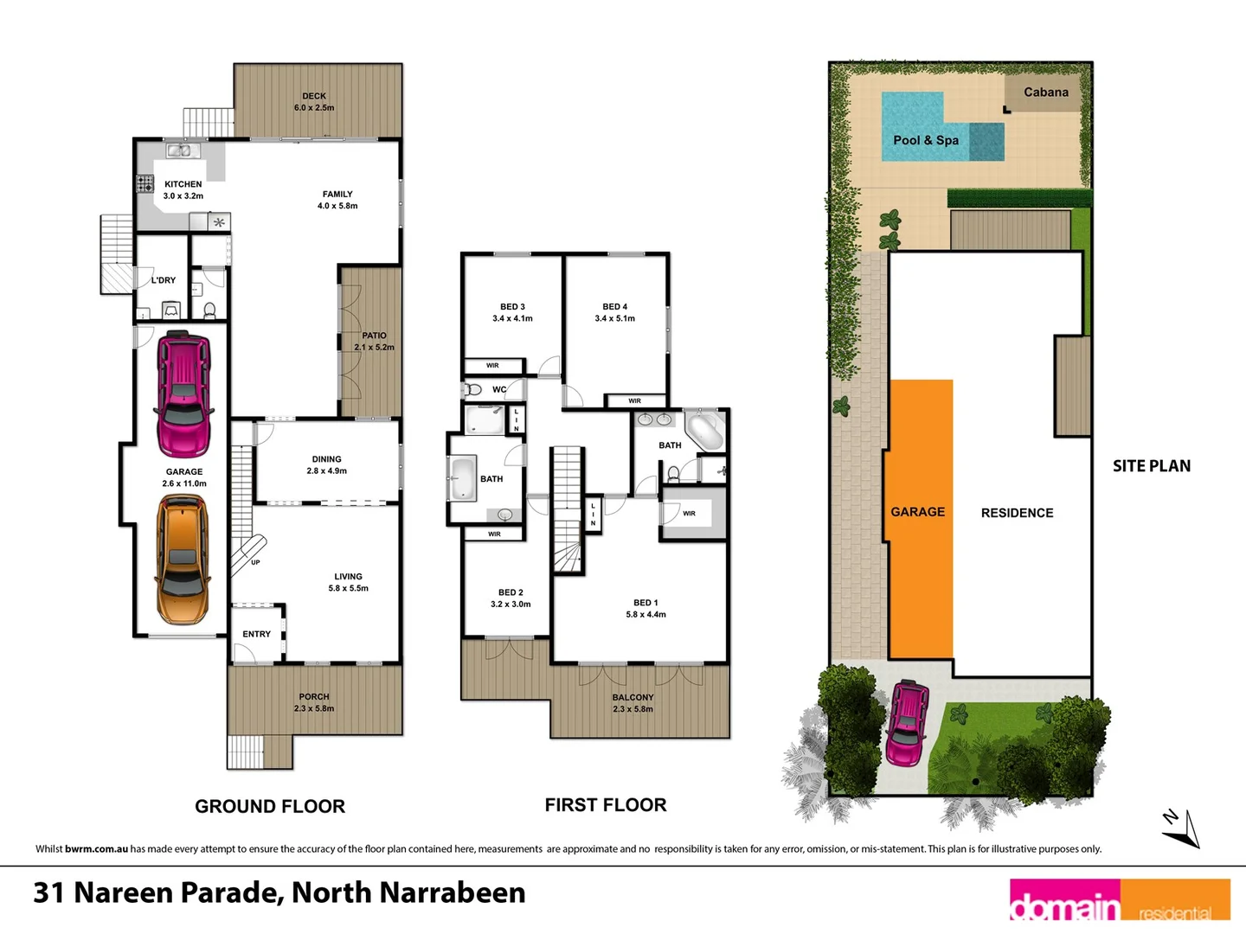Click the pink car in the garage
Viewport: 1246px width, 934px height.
point(183,394)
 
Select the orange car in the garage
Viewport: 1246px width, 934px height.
point(183,559)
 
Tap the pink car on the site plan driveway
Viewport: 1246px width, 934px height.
point(907,723)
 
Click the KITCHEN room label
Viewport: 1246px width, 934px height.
point(183,184)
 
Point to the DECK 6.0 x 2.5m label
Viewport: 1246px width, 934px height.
point(314,102)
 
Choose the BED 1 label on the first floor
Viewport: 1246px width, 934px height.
point(645,603)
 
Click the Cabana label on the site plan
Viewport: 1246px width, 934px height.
point(1046,93)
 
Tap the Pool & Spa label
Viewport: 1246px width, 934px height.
point(926,140)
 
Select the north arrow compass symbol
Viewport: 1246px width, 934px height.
point(1181,828)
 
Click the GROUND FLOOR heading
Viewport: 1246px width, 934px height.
point(270,806)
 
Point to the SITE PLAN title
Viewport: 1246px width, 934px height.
point(1152,466)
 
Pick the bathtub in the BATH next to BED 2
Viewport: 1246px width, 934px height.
point(463,478)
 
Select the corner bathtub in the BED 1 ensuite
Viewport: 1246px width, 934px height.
point(704,430)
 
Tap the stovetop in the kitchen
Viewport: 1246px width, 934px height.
point(145,183)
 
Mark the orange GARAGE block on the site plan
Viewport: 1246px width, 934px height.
point(921,519)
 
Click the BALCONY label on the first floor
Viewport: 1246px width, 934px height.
point(633,697)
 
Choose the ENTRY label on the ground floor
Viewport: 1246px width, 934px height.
point(257,634)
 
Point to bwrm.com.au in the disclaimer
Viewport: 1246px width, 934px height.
point(96,849)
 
